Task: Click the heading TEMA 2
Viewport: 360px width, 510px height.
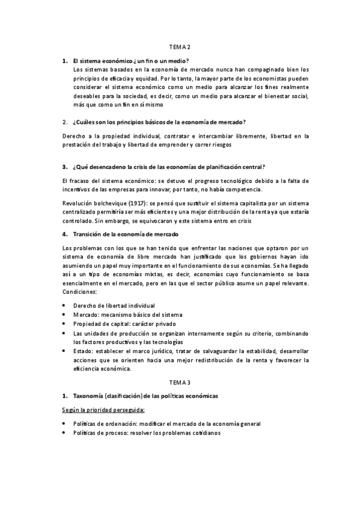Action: coord(180,47)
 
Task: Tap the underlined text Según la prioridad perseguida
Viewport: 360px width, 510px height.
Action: coord(103,410)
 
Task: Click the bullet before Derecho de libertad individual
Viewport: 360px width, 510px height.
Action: coord(64,306)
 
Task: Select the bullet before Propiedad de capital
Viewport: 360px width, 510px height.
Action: coord(64,324)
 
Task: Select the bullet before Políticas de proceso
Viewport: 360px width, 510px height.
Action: coord(64,433)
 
